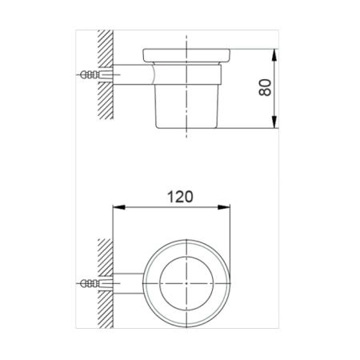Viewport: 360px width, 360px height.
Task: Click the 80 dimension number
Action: click(265, 88)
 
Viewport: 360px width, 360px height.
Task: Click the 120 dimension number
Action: click(180, 197)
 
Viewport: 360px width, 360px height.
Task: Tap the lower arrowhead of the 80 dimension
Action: click(274, 122)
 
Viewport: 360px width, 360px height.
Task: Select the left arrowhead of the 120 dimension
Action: click(119, 207)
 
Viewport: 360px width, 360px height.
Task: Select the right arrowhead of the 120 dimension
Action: click(224, 207)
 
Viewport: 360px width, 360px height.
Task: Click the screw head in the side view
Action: click(84, 74)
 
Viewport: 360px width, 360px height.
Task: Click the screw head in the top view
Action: click(84, 283)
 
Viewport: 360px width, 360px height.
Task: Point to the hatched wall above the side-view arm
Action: click(106, 47)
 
